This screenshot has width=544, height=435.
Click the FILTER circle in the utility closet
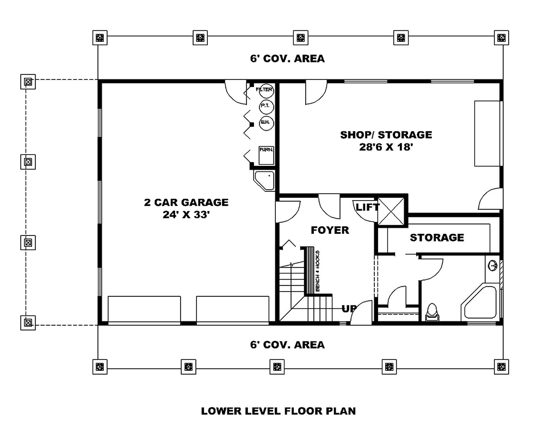pos(265,89)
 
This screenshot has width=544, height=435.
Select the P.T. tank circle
pos(265,105)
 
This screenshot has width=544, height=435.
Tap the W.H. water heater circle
pos(265,122)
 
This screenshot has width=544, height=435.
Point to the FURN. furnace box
pos(265,155)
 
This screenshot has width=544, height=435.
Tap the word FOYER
pos(330,231)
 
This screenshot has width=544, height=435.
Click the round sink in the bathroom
pos(493,266)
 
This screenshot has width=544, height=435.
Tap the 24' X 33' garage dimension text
pos(186,215)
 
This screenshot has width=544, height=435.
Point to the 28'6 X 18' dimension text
pos(386,147)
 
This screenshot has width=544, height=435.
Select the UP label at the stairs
pos(349,309)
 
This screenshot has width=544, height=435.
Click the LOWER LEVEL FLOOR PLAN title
pos(279,411)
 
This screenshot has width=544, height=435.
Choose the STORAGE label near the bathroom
pos(437,238)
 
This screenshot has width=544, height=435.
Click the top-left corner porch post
pos(99,38)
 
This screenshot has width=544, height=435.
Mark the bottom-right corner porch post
pos(501,367)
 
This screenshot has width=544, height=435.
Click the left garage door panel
pos(144,310)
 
